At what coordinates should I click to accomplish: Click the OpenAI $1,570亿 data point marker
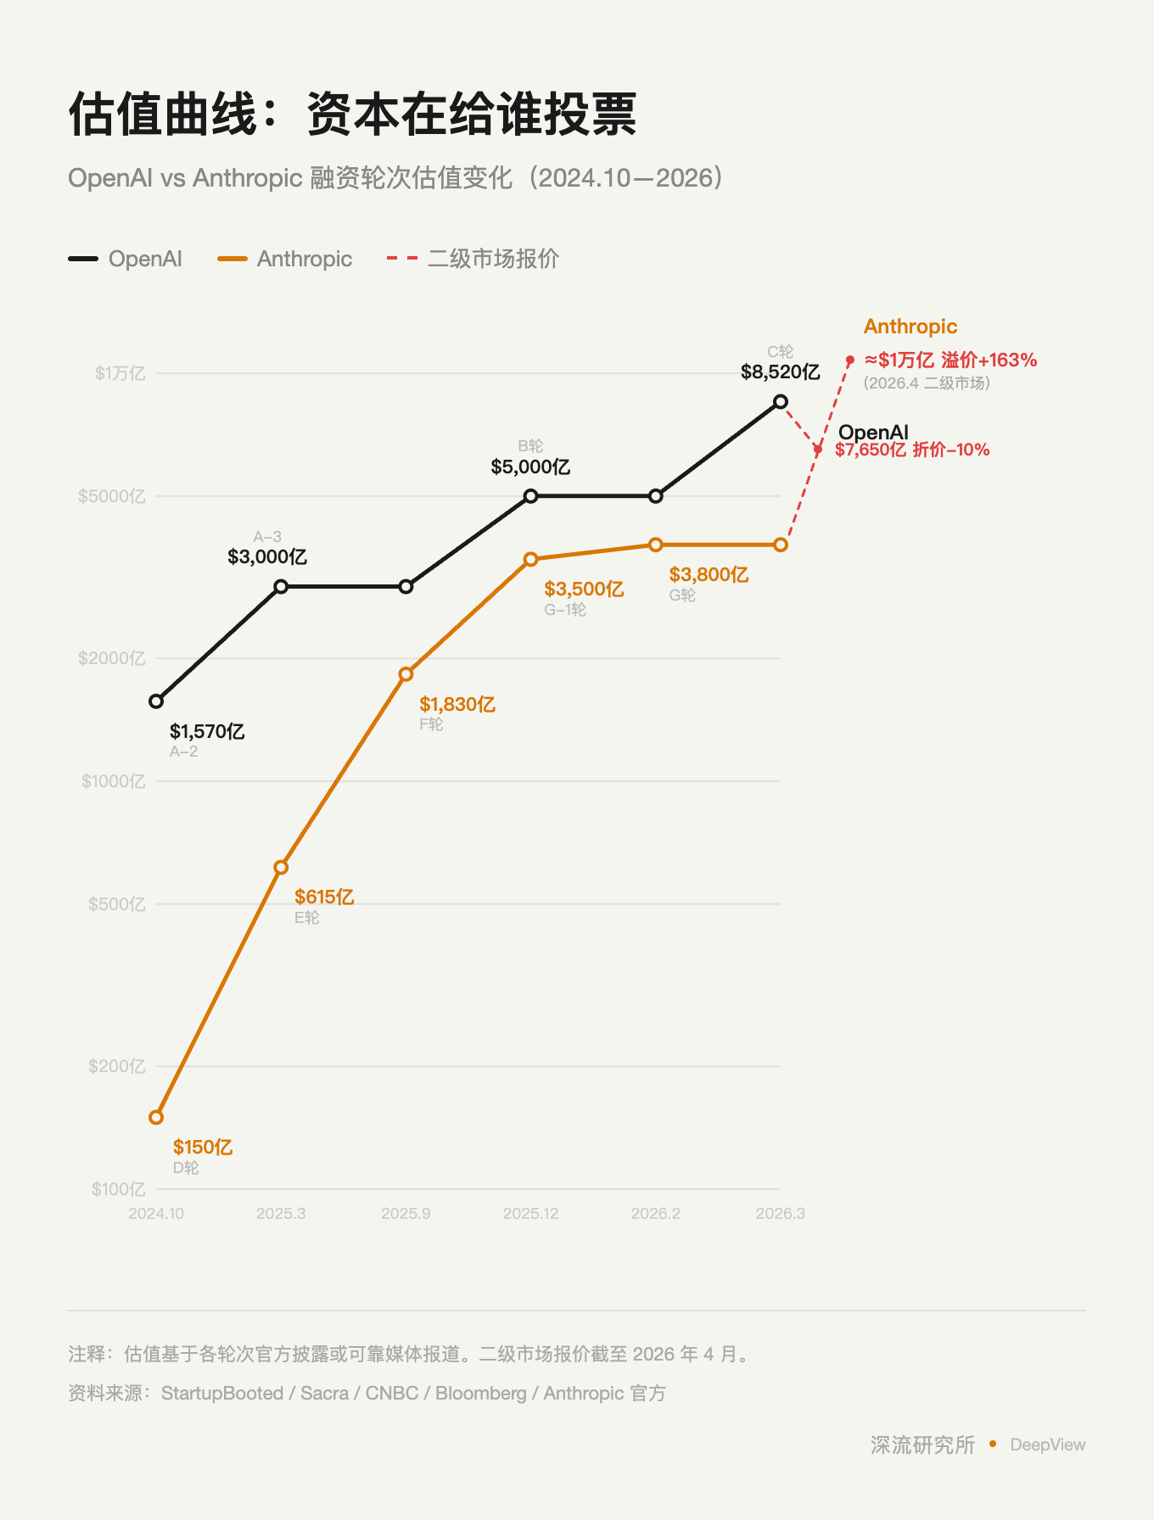156,701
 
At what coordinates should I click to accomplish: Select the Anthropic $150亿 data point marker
156,1117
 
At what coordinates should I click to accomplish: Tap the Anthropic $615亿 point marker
281,867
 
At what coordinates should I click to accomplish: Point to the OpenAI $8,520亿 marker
781,401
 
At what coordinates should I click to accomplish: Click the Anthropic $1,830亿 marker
406,674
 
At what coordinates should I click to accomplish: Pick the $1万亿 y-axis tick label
120,373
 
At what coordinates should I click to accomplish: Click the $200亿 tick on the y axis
116,1066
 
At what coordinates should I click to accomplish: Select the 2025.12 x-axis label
530,1214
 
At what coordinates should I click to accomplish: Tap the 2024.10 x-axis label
156,1214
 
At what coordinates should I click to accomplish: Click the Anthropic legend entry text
304,259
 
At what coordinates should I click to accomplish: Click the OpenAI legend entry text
145,259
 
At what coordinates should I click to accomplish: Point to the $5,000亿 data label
530,467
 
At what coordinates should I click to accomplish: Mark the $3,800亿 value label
709,575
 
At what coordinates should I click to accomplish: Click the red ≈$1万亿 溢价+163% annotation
950,360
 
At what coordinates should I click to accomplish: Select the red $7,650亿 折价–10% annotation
912,450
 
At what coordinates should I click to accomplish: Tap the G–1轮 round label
565,610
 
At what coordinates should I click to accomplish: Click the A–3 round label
267,537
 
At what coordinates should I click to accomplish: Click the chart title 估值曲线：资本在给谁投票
352,115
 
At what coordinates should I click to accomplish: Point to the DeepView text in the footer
1047,1445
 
